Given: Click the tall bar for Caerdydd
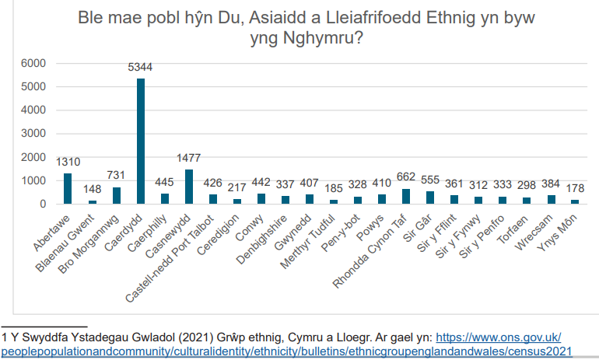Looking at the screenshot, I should pos(140,141).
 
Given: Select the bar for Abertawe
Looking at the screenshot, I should pos(68,188).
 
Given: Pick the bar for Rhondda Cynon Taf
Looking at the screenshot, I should pos(406,196).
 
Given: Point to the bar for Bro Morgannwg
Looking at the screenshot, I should pos(116,195).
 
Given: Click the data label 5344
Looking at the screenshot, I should pos(140,68).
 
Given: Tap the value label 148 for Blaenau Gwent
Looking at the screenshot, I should pos(92,188).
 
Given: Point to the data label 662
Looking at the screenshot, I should pos(406,177).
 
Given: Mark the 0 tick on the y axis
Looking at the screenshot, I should pos(43,204).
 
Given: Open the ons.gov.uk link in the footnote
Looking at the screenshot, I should pos(498,337).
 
